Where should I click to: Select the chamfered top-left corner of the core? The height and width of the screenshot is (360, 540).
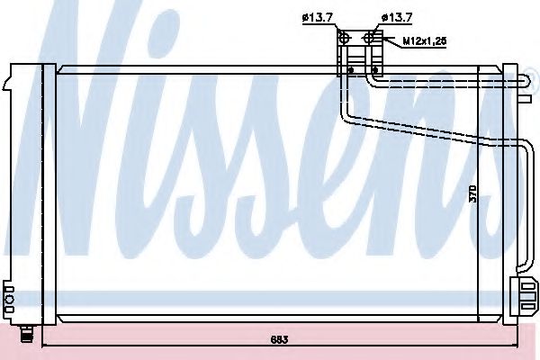coord(58,67)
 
